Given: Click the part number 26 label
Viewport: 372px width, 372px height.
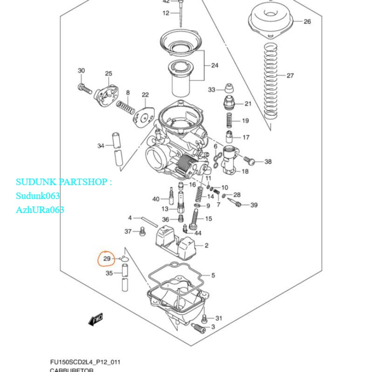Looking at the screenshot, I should point(307,21).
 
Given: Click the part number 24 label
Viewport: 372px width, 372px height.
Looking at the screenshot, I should point(214,66).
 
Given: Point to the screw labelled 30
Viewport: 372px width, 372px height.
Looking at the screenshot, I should point(84,87).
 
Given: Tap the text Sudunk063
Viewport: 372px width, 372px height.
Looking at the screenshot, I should point(38,196).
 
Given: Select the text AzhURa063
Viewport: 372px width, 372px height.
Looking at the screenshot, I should point(40,210).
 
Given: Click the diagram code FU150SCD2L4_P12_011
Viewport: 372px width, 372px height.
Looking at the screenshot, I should point(86,362).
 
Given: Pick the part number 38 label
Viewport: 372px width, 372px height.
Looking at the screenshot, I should point(268,162).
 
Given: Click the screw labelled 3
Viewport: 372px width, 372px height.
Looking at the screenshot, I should point(200,329).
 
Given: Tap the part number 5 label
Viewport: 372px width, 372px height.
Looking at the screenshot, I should point(213,276).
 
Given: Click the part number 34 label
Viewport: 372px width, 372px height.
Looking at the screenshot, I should point(101,146).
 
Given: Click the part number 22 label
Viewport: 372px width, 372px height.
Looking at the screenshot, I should point(145,95).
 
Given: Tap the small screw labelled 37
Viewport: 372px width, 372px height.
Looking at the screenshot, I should point(141,230).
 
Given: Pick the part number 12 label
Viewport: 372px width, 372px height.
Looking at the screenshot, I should point(166,13).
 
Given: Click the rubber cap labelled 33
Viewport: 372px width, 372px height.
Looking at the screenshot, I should point(228,88).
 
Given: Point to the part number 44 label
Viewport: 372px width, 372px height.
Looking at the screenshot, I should point(198,233).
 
